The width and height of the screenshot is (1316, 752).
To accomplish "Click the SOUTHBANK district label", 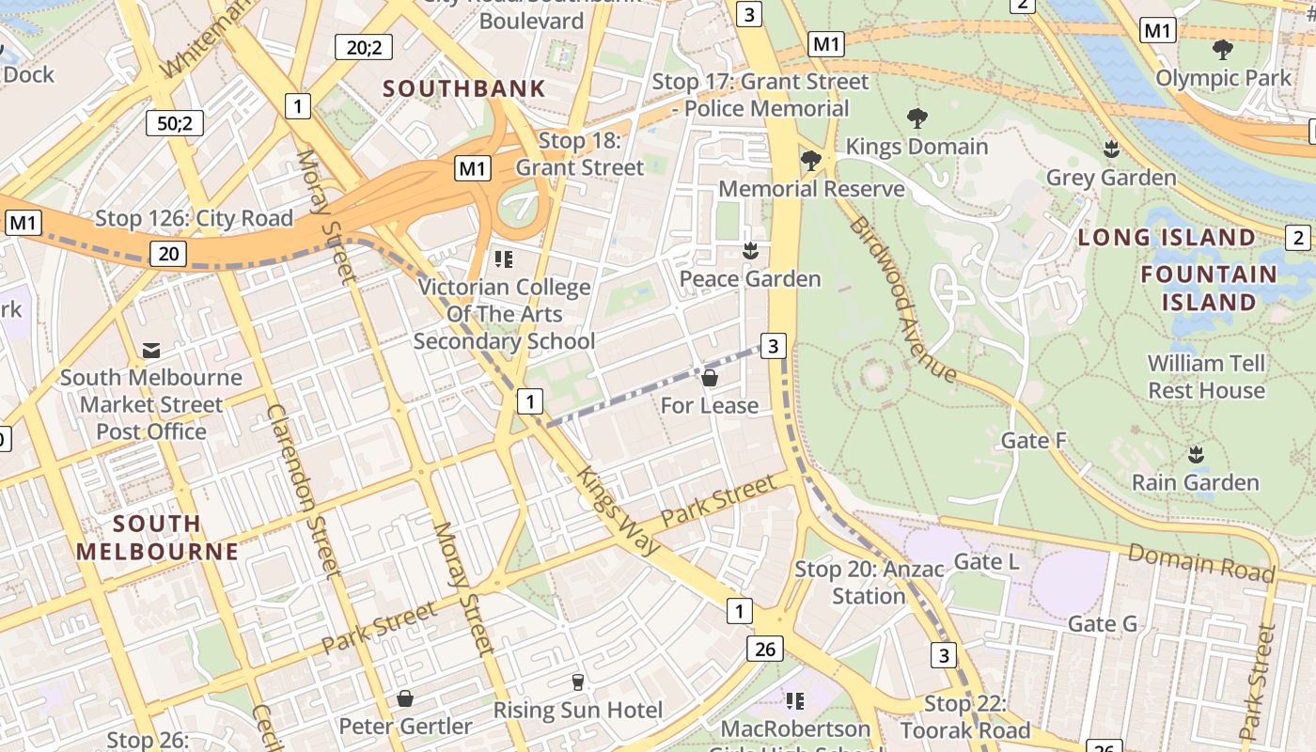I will (x=464, y=89).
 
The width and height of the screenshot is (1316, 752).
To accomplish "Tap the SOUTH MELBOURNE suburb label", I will (x=157, y=537).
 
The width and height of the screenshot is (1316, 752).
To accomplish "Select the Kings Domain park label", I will (x=916, y=147).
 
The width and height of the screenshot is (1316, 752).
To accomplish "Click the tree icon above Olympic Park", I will (x=1223, y=50).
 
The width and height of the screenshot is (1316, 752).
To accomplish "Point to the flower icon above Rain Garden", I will (x=1195, y=455).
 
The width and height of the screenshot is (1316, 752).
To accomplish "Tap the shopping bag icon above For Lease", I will (x=710, y=378).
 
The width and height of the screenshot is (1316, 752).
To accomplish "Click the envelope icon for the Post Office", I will (x=150, y=351).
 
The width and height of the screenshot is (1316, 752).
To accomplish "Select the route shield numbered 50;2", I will (x=175, y=123).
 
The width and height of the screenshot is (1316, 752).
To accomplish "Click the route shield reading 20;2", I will (x=364, y=47).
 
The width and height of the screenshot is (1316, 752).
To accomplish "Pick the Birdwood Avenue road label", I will (x=901, y=300).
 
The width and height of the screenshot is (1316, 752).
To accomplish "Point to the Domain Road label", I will (x=1201, y=562).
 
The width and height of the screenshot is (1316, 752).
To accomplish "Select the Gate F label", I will (x=1033, y=440).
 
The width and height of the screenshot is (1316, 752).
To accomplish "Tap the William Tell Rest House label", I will (x=1206, y=376).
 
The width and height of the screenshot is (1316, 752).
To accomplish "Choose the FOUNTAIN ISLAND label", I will (x=1208, y=288).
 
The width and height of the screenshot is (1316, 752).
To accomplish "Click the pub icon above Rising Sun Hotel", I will (x=578, y=682).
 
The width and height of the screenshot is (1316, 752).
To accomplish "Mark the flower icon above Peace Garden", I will (x=750, y=251).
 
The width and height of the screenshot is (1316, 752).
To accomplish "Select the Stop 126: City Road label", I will (x=194, y=219).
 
